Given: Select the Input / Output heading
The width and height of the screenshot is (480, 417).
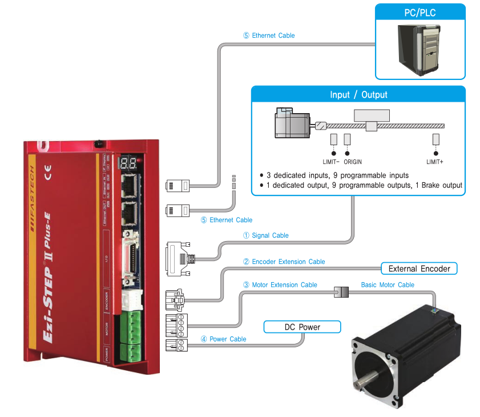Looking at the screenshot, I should point(358,95).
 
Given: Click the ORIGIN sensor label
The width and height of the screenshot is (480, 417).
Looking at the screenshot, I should point(353,162).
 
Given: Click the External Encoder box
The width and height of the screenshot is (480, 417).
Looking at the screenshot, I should point(419,268).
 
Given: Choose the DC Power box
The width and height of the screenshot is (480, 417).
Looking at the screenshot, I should point(302,327).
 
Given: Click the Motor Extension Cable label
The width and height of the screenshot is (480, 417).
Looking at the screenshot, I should point(280,284).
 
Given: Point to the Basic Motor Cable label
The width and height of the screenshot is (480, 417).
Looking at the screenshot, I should point(388,284).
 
